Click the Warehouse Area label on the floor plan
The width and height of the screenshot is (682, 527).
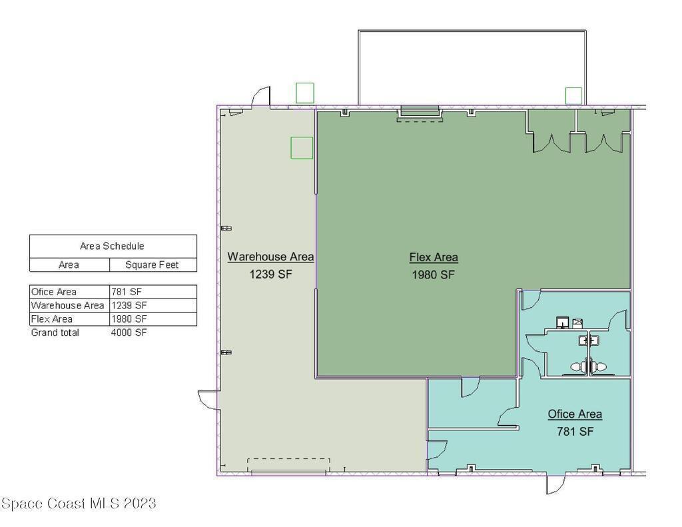coord(270,257)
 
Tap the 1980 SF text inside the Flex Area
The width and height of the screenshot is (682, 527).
coord(433,274)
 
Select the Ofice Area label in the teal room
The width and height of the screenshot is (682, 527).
coord(575,414)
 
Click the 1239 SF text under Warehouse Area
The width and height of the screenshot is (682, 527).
coord(270,274)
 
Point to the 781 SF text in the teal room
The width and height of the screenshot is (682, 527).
coord(575,431)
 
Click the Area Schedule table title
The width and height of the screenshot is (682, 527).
coord(112,246)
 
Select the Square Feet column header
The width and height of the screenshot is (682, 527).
coord(152,264)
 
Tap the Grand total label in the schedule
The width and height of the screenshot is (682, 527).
coord(55,332)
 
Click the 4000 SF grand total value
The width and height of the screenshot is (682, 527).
coord(129,332)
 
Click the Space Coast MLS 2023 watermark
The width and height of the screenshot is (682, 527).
coord(79,504)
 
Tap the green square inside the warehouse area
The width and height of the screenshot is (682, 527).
coord(302,148)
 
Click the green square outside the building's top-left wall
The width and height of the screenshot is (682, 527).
coord(305,93)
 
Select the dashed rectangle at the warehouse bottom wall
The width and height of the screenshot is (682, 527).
coord(289,465)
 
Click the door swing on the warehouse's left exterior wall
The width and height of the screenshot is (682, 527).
coord(208,400)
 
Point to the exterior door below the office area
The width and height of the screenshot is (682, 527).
coord(556,484)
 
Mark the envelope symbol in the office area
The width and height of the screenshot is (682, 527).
coord(577,322)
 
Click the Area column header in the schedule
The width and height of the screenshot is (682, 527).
coord(69,264)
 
